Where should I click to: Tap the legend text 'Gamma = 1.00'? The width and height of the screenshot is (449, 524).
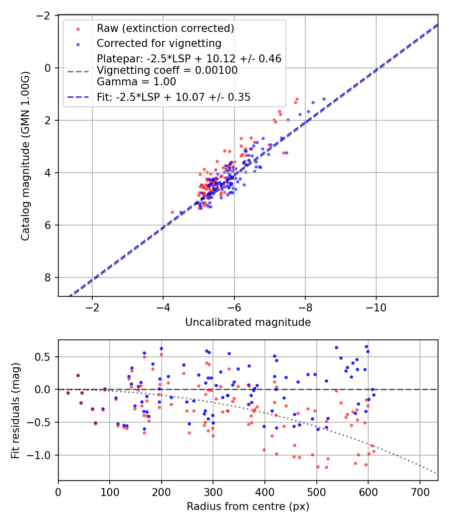(x=136, y=81)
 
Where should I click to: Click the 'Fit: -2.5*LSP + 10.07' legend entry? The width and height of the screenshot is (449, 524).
(x=173, y=97)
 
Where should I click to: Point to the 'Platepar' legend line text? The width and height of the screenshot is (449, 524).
(x=189, y=59)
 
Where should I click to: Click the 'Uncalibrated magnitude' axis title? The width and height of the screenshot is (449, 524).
(x=248, y=322)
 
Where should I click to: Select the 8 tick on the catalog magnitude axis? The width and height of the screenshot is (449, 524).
(x=49, y=277)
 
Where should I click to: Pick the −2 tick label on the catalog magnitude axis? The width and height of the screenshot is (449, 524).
(x=46, y=15)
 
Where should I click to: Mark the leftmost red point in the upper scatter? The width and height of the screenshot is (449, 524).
(x=173, y=212)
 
